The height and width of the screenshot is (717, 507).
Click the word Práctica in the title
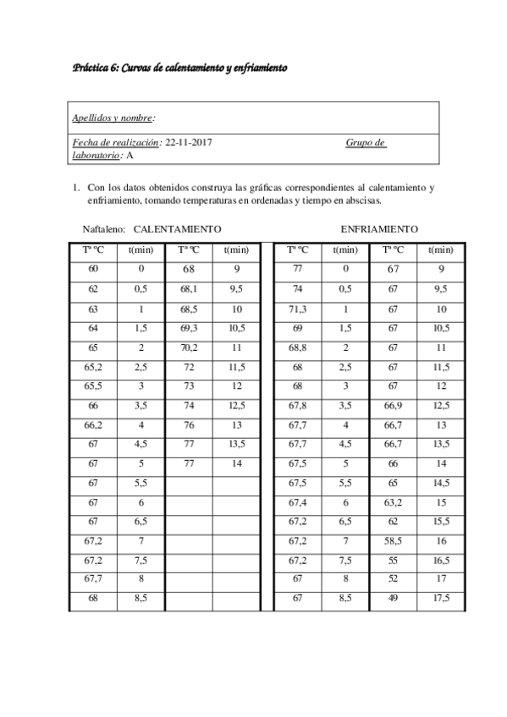click(91, 68)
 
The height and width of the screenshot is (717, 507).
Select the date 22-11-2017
click(189, 143)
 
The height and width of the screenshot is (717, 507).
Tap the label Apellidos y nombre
click(113, 118)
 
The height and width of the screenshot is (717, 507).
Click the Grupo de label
click(366, 143)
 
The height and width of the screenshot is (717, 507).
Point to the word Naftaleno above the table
click(105, 229)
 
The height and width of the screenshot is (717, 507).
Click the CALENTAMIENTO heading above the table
click(178, 229)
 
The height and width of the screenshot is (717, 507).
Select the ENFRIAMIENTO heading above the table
click(379, 229)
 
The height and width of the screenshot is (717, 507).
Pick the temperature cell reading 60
click(92, 269)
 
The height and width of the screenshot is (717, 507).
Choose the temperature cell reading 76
click(189, 424)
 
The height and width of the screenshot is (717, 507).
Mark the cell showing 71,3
click(297, 309)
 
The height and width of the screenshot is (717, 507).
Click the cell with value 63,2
click(393, 505)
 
